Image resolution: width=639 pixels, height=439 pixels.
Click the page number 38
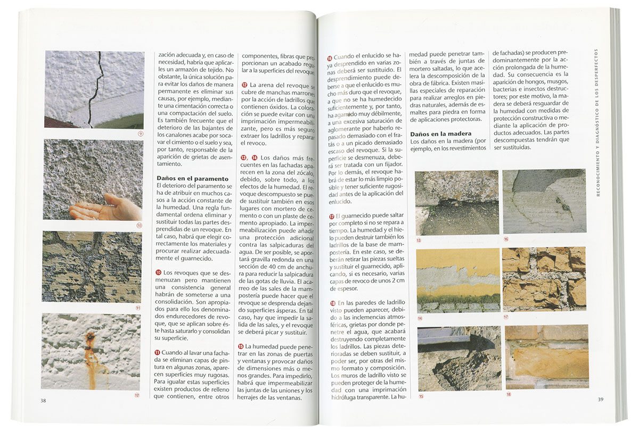pos(43,401)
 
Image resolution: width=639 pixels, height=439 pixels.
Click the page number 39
pos(600,400)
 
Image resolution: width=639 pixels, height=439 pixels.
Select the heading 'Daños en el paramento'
pos(192,179)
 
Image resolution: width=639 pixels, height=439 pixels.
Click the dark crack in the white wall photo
pos(96,88)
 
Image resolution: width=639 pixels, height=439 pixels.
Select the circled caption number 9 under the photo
pos(141,134)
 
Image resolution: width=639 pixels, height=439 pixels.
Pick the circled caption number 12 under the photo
pos(137,395)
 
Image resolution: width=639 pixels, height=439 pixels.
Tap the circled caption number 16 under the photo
pos(506,239)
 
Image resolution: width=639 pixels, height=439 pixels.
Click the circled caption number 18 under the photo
pos(508,394)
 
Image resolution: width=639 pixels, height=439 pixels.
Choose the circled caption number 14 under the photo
pos(420,318)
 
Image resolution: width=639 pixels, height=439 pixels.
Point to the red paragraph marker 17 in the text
pos(331,217)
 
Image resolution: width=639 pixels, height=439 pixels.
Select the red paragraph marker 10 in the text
pos(158,272)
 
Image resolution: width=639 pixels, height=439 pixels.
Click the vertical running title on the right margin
pos(598,122)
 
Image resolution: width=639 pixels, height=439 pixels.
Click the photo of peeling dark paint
pos(92,267)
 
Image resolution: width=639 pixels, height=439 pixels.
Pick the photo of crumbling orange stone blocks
pos(544,279)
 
